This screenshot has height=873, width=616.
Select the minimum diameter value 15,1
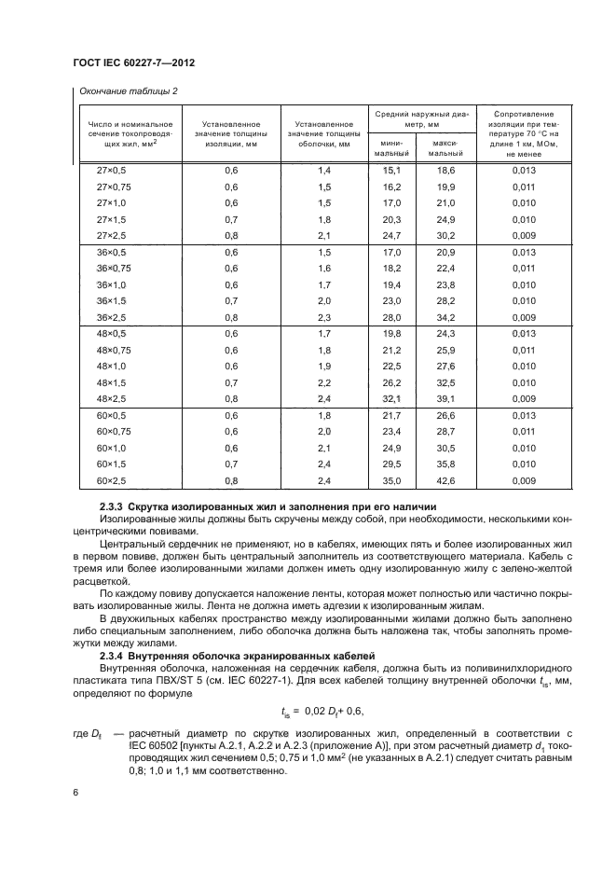point(390,171)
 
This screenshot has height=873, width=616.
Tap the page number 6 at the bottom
point(75,791)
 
